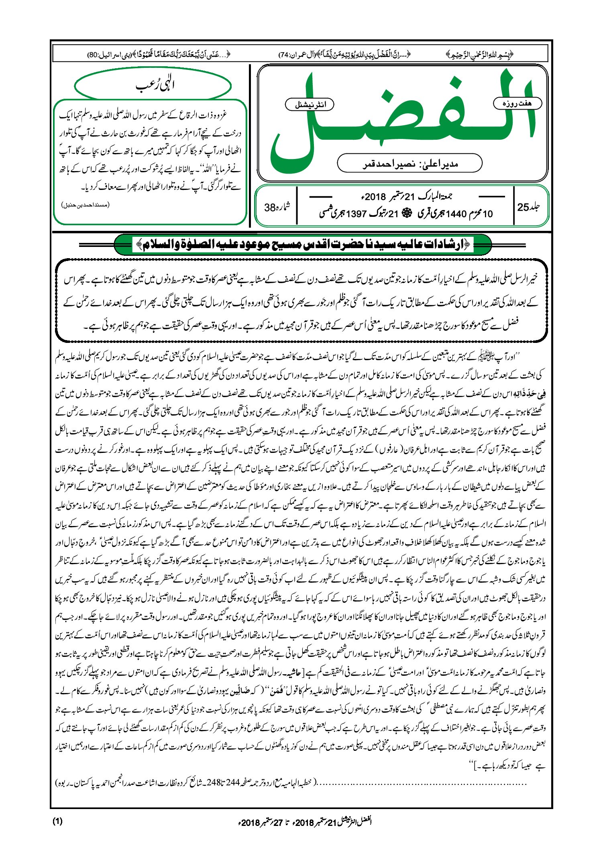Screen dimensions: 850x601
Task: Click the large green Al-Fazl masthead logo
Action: click(x=401, y=120)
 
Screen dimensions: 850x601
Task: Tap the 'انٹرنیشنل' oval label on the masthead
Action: click(x=309, y=104)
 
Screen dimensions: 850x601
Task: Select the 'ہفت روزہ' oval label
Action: click(x=517, y=103)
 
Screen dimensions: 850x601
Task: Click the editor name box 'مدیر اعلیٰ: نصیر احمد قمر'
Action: click(x=409, y=164)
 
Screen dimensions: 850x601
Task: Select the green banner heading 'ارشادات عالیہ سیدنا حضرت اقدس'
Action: click(x=303, y=244)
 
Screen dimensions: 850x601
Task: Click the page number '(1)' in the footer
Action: click(x=57, y=821)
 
